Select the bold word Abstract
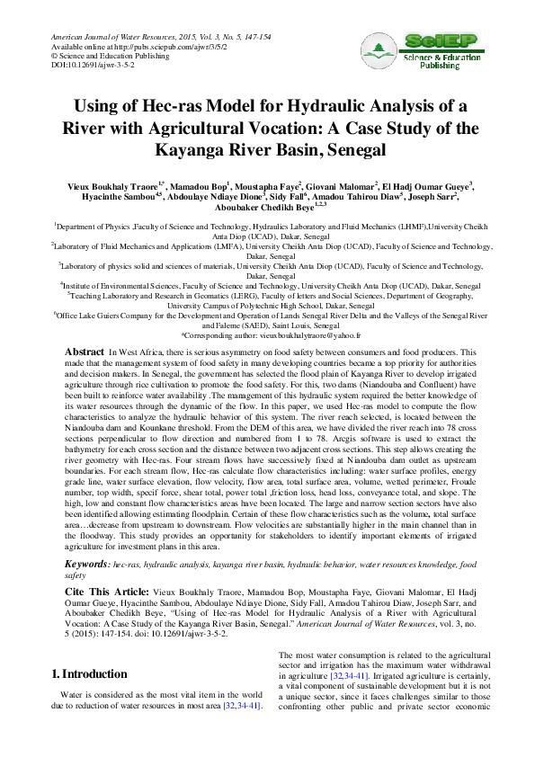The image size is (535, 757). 85,349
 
